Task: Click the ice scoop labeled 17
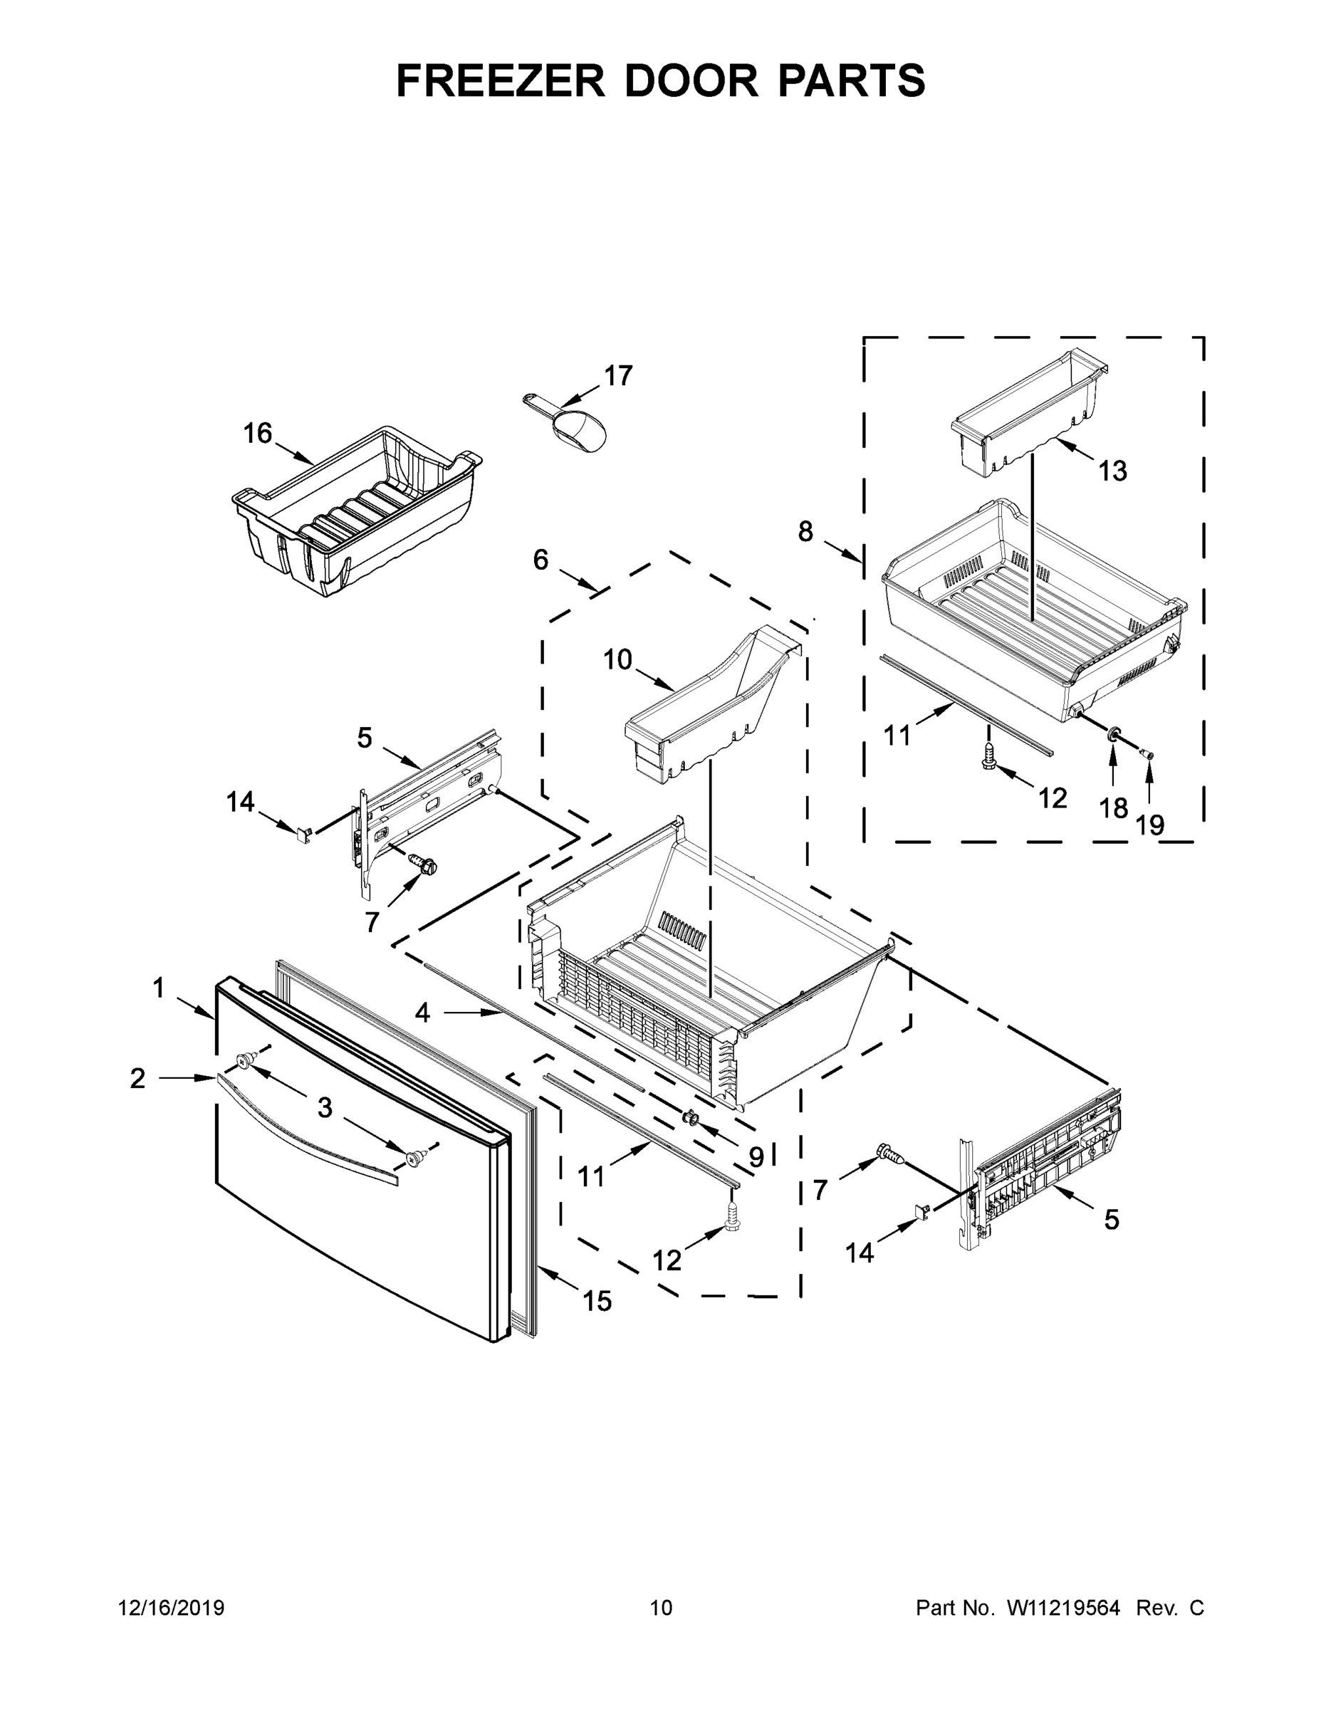578,426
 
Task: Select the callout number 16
258,433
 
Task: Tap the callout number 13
1112,471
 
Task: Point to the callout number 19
1149,825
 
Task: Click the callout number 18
1114,808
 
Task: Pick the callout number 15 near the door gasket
597,1301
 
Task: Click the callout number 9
755,1156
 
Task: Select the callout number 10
617,659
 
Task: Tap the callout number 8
805,531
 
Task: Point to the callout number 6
541,560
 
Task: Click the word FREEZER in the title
500,80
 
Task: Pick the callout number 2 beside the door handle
137,1079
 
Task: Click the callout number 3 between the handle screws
325,1107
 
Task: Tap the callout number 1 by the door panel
159,988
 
